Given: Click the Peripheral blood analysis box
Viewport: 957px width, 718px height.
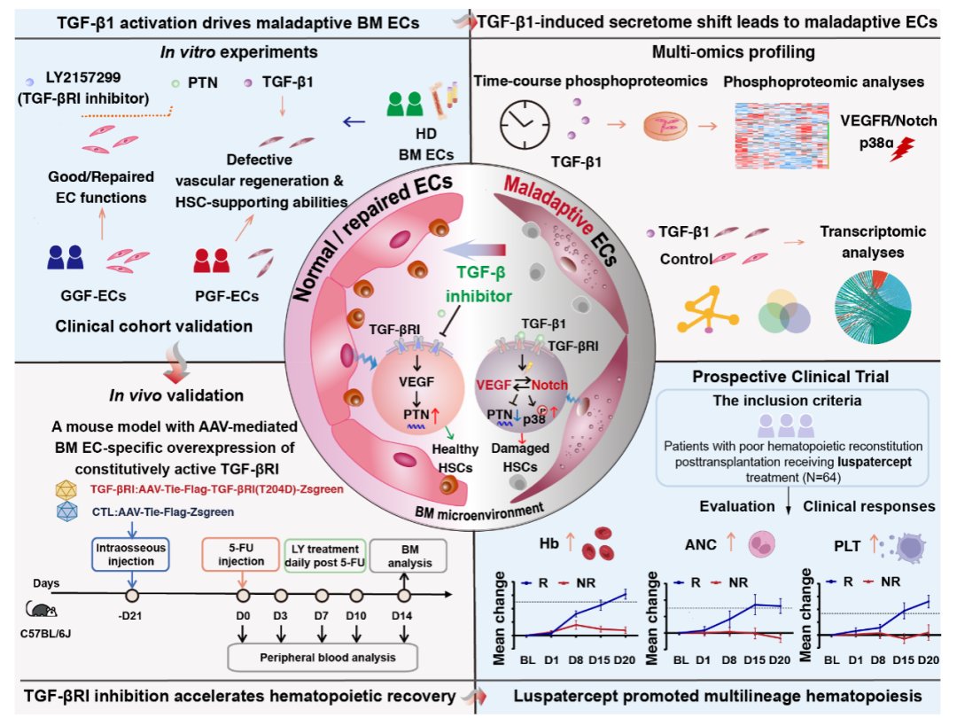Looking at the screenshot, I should [x=321, y=657].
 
